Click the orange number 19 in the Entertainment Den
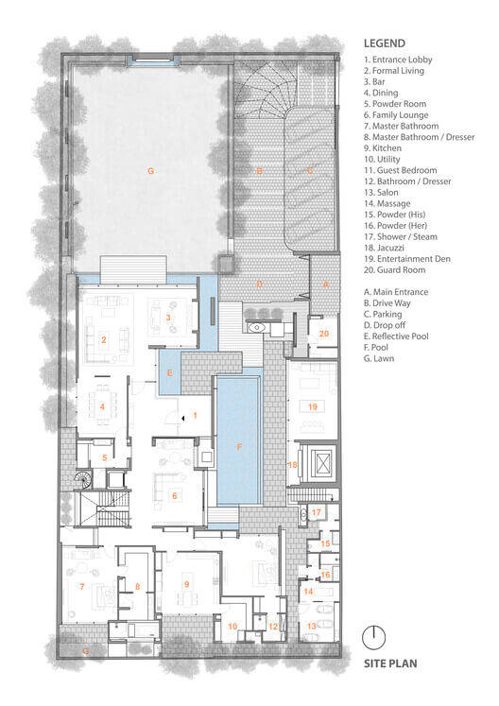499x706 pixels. point(313,406)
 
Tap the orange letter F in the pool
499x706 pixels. point(239,447)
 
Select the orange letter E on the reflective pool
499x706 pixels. point(170,372)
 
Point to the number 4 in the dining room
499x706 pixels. point(102,406)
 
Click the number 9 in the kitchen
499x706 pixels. point(186,584)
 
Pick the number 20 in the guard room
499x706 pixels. point(324,334)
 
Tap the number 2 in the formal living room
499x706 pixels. point(104,339)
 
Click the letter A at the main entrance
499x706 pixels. point(326,284)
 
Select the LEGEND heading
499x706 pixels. point(385,43)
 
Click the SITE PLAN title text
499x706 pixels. point(390,663)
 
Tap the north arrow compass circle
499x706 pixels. point(374,638)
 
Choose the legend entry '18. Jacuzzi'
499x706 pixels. point(384,248)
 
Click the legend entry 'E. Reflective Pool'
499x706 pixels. point(396,336)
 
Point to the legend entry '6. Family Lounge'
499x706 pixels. point(396,115)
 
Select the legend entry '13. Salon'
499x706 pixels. point(381,192)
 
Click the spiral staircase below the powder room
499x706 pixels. point(83,479)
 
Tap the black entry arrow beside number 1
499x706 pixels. point(182,419)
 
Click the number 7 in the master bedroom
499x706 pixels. point(82,586)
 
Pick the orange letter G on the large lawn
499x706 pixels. point(151,171)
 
